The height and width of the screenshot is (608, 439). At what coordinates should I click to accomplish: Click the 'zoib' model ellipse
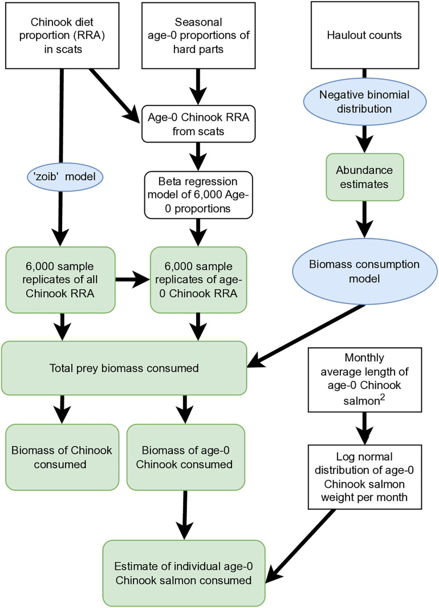tap(65, 177)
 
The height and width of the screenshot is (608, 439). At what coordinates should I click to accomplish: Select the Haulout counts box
tap(365, 35)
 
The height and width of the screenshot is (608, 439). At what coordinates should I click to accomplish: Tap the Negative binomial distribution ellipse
tap(365, 102)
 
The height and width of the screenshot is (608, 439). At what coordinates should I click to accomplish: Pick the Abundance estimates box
tap(365, 177)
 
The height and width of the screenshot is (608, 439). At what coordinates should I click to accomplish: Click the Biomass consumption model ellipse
tap(365, 271)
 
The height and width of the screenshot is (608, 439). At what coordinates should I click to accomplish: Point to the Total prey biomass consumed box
tap(124, 368)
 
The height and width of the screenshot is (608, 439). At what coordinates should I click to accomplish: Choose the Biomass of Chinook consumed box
tap(62, 457)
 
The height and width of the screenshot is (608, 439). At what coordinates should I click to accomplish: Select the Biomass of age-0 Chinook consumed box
tap(186, 457)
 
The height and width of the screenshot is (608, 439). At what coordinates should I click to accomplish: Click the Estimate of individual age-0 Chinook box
tap(184, 573)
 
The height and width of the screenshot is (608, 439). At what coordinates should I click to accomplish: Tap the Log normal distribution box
tap(365, 477)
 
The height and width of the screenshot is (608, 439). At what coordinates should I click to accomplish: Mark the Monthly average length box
tap(365, 380)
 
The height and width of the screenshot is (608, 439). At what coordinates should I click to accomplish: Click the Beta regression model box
tap(198, 195)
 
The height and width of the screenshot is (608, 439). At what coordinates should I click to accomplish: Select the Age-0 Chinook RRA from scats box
tap(198, 124)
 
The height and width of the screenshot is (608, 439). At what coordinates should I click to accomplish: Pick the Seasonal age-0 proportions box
tap(198, 35)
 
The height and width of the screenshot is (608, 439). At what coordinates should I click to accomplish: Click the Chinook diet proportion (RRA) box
tap(62, 35)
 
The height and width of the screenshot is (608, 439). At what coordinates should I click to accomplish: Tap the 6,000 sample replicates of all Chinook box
tap(60, 280)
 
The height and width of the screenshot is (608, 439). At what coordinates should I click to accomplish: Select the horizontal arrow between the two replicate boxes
tap(132, 279)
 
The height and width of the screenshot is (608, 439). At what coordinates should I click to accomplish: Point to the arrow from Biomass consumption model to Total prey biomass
tap(306, 335)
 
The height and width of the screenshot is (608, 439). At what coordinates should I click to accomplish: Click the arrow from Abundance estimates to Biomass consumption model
tap(365, 219)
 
